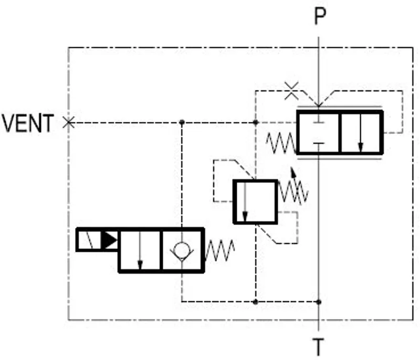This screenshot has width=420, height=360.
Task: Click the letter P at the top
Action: [320, 16]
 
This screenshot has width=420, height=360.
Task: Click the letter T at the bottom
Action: [319, 347]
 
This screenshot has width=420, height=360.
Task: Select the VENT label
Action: [28, 123]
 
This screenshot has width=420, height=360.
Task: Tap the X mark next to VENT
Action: [69, 122]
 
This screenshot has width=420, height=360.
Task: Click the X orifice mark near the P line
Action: [291, 91]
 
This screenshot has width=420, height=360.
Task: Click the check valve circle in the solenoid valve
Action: [182, 250]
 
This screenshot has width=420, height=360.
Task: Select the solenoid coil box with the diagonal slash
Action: [89, 240]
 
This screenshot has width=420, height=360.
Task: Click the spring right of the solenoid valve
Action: [219, 250]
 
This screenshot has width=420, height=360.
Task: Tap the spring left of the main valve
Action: [281, 143]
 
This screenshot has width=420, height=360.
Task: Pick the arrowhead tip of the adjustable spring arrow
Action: [292, 168]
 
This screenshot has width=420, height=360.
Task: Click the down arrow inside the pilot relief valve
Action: [245, 202]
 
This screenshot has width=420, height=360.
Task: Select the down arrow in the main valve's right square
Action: [361, 132]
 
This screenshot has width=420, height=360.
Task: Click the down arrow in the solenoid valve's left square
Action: [140, 251]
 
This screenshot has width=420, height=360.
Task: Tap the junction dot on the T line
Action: [319, 302]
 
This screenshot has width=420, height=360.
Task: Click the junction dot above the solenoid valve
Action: [182, 122]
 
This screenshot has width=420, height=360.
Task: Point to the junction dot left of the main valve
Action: [256, 122]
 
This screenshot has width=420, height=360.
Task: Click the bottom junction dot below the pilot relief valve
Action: [256, 302]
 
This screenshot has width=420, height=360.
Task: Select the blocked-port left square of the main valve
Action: [318, 132]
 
